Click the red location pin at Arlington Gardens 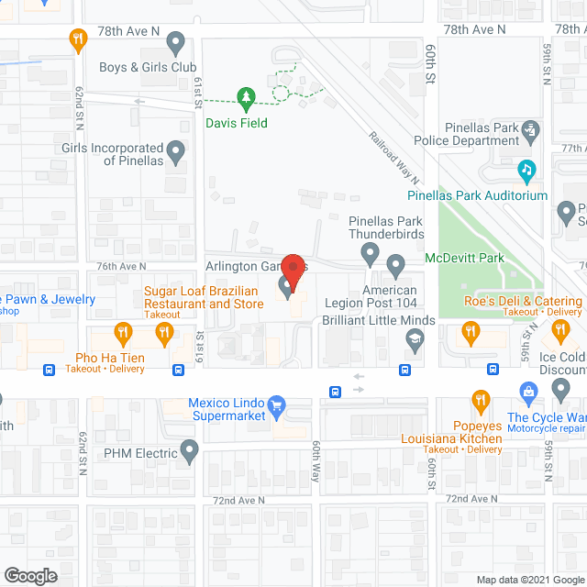[x=293, y=270]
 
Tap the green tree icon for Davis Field [x=245, y=95]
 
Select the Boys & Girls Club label [x=147, y=67]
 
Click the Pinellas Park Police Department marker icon [x=530, y=134]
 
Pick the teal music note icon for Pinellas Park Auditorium [x=526, y=169]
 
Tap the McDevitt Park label [x=464, y=259]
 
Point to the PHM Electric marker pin [x=189, y=450]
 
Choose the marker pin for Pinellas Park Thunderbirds [x=371, y=251]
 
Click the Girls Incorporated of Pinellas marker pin [x=176, y=150]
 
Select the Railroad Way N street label [x=395, y=156]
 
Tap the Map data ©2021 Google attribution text [x=528, y=579]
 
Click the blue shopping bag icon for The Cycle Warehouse [x=528, y=393]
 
